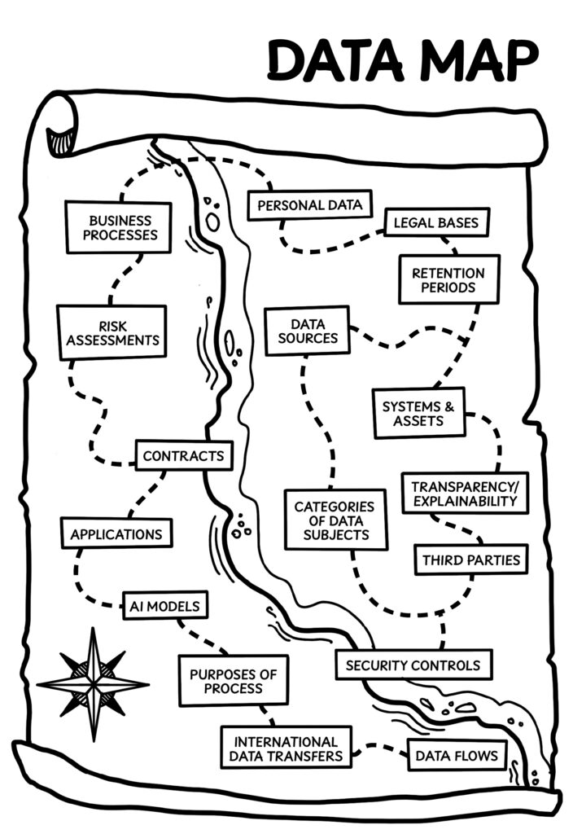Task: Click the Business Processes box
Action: pos(119,227)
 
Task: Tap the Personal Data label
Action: pos(309,205)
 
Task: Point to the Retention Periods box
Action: pos(448,280)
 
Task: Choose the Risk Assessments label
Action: pos(112,332)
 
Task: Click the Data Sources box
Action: pos(307,331)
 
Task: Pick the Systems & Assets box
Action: pos(418,413)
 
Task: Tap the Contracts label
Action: pos(183,456)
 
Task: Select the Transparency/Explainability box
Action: pos(465,493)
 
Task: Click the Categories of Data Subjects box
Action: pos(335,520)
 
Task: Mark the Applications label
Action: pos(116,534)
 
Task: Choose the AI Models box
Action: pos(165,605)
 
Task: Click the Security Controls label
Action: pos(413,665)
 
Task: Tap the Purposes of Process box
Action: pos(234,681)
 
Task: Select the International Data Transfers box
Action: pos(286,748)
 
